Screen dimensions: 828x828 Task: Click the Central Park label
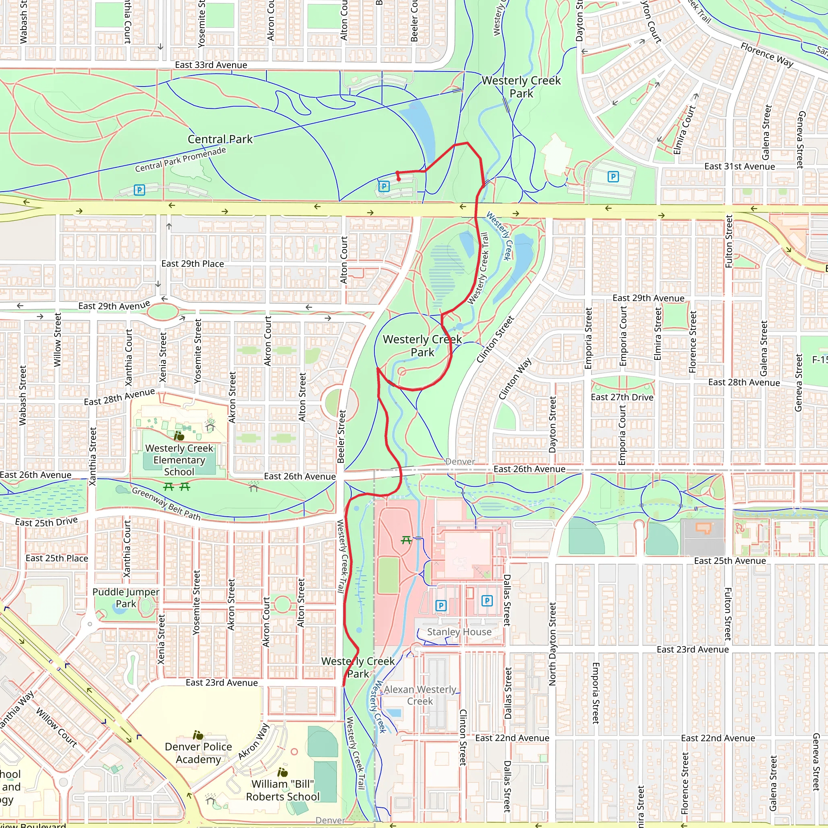pos(220,139)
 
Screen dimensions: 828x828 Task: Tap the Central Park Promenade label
pos(180,159)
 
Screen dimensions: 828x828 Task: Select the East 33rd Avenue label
pos(211,65)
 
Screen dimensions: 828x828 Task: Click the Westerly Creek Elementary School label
pos(179,460)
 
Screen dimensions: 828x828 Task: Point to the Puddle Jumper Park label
pos(126,598)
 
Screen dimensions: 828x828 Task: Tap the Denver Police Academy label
pos(198,752)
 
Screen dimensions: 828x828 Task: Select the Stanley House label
pos(459,632)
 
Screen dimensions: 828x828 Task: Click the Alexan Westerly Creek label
pos(420,695)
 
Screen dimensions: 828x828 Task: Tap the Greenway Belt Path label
pos(166,504)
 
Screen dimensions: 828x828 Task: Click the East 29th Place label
pos(192,264)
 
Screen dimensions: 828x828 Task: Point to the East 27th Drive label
pos(622,397)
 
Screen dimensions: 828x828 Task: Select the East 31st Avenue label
pos(739,166)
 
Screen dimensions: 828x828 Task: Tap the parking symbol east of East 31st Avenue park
pos(613,177)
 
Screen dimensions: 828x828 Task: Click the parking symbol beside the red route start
pos(384,186)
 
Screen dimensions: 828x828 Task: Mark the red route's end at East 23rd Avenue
pos(343,685)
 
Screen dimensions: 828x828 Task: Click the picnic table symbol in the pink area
pos(406,541)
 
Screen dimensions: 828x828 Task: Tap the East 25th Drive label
pos(46,522)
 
